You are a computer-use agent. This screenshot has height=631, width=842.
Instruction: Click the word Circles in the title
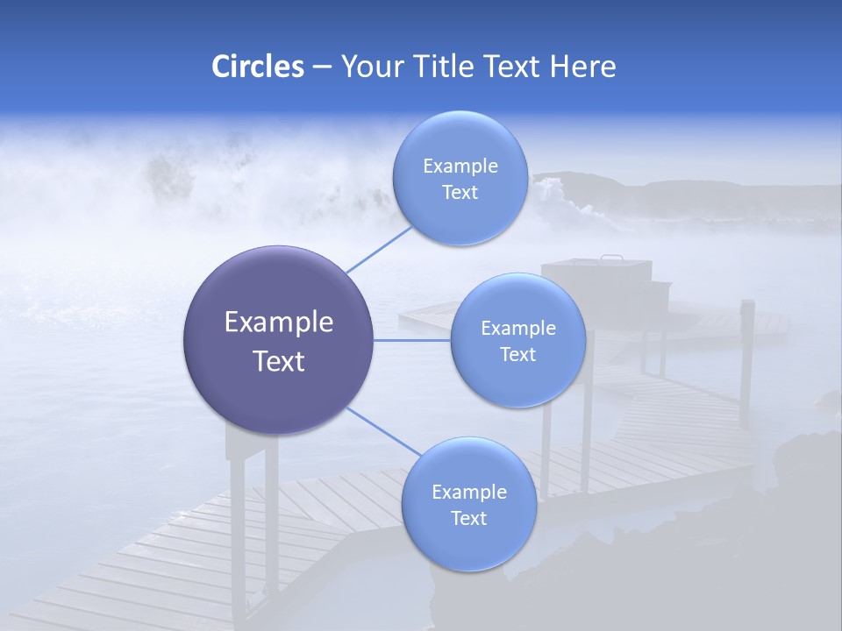[x=257, y=67]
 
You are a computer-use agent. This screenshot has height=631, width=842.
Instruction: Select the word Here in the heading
[x=582, y=67]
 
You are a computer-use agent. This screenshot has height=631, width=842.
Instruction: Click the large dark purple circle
[x=279, y=340]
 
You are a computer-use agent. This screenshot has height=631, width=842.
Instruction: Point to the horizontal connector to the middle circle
[x=412, y=340]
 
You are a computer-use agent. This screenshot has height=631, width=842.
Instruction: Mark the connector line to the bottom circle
[x=384, y=431]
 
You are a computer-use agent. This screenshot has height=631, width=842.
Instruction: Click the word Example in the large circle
[x=279, y=323]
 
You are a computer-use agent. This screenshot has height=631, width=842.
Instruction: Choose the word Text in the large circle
[x=279, y=361]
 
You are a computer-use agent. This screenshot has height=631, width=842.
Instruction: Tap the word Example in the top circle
[x=460, y=167]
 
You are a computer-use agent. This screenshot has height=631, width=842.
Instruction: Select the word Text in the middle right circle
[x=517, y=354]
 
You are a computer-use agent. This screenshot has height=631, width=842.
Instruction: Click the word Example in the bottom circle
[x=469, y=493]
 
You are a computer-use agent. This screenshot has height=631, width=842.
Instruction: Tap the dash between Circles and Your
[x=322, y=67]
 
